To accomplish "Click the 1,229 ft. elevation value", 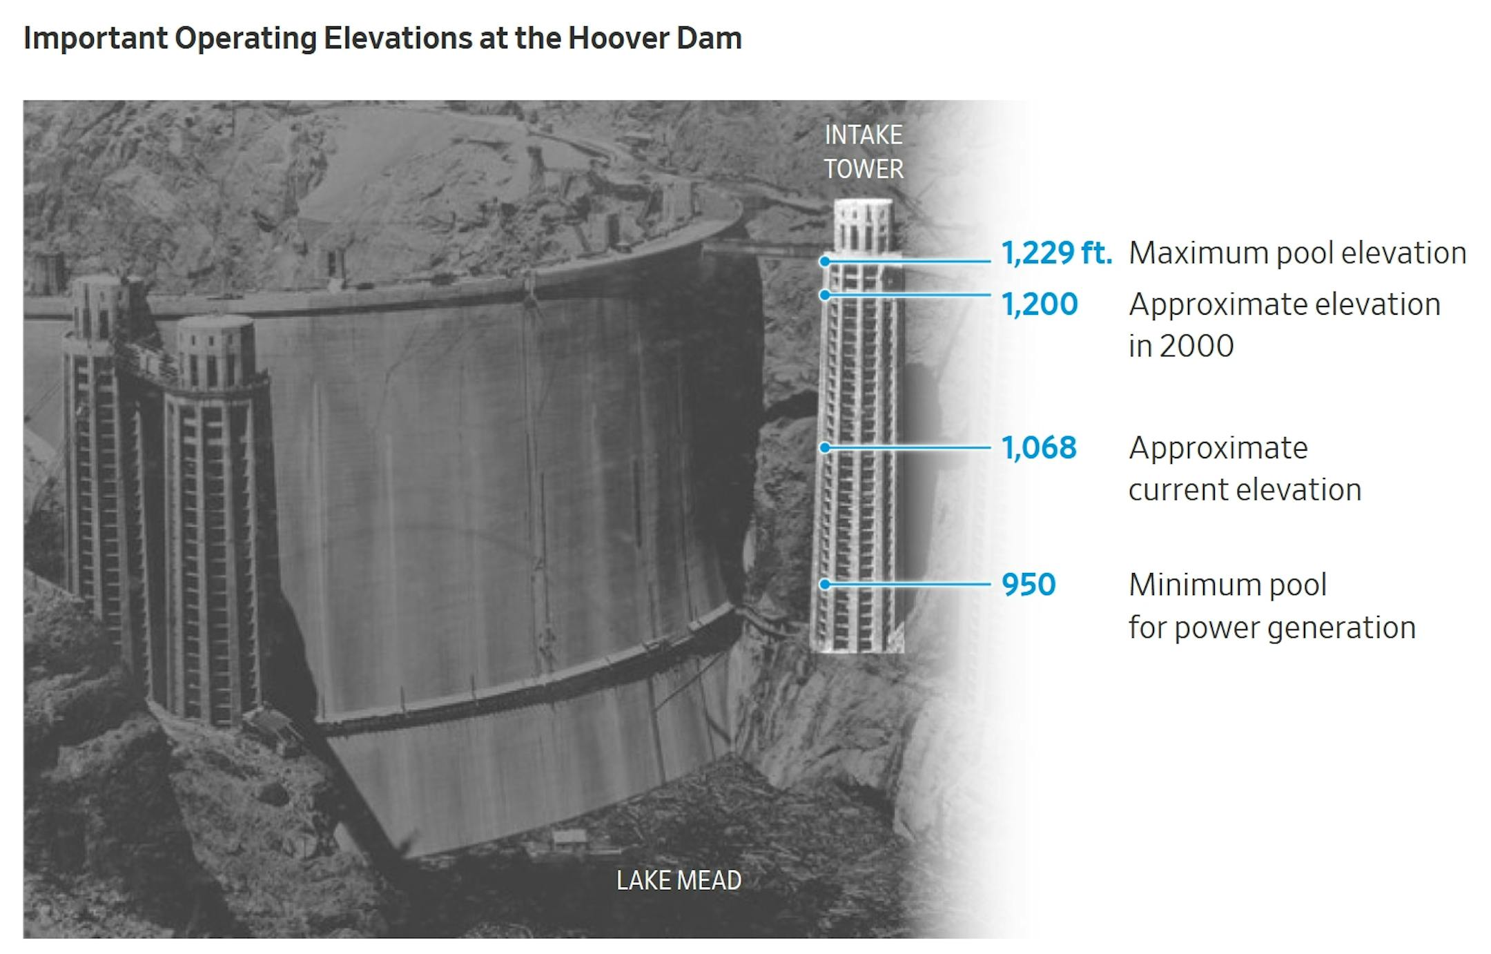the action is [x=1057, y=253].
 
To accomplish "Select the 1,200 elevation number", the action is [x=1040, y=304].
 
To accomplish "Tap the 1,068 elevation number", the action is [x=1039, y=448].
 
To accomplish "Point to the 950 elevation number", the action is [x=1029, y=585].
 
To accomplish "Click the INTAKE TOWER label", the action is [x=864, y=152].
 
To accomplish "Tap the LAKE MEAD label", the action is [x=679, y=880].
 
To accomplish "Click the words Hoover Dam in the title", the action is [x=654, y=38].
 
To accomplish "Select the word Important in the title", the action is [x=95, y=39].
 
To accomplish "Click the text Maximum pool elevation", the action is [x=1298, y=253].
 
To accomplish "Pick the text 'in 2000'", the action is [x=1181, y=346].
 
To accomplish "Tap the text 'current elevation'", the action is [x=1245, y=490].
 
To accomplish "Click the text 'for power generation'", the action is [x=1272, y=628].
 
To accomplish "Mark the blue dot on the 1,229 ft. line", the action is [x=824, y=262].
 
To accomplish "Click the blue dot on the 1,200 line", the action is [x=824, y=295].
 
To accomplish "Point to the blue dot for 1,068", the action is [x=824, y=448].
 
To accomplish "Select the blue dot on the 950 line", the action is [x=824, y=585].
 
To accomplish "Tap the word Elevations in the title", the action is [x=398, y=38].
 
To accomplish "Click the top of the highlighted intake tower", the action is [x=863, y=202].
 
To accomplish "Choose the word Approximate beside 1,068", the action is [x=1218, y=449].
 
